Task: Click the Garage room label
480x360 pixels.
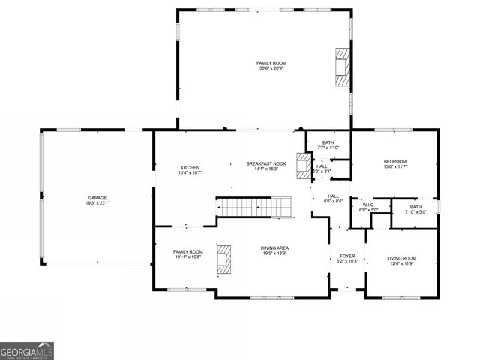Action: click(x=97, y=198)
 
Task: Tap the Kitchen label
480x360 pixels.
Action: click(x=189, y=167)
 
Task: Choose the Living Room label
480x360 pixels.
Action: click(x=401, y=258)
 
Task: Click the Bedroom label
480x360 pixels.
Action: click(x=394, y=161)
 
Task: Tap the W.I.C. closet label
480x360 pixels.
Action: click(x=367, y=205)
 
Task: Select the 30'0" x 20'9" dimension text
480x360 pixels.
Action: click(x=271, y=68)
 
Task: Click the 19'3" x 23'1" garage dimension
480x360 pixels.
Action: click(x=97, y=203)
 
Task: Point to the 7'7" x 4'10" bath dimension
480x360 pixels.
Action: click(x=328, y=148)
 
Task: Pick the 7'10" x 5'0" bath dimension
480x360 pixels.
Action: click(x=416, y=212)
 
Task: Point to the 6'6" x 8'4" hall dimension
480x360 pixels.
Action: click(x=334, y=201)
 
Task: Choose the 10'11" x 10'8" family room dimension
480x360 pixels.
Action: click(x=188, y=257)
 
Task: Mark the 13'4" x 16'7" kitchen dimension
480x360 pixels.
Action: click(x=189, y=172)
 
